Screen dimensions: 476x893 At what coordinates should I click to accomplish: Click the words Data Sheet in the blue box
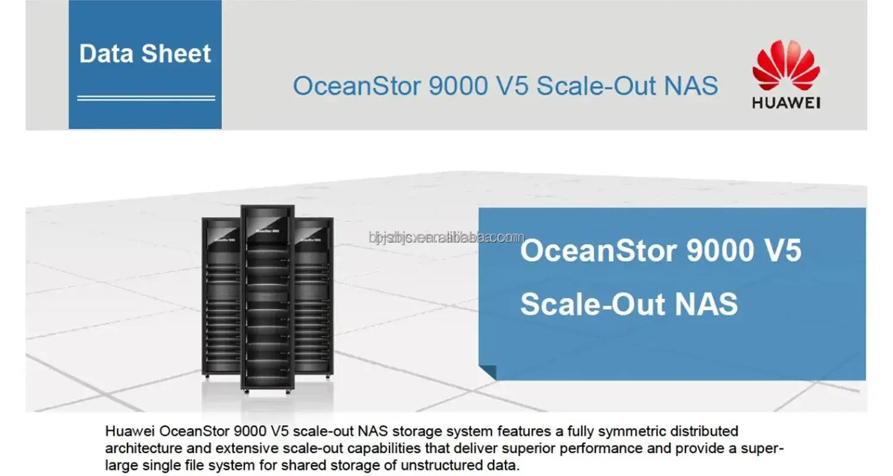click(145, 54)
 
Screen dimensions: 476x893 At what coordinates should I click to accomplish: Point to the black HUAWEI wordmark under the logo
click(786, 103)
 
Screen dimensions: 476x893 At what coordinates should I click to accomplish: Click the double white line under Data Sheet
click(146, 98)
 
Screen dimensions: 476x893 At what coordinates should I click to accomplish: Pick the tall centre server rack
click(267, 297)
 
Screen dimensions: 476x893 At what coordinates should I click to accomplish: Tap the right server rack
click(314, 297)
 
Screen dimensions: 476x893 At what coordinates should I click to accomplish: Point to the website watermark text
click(447, 237)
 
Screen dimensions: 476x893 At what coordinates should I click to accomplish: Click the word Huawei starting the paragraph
click(131, 431)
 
